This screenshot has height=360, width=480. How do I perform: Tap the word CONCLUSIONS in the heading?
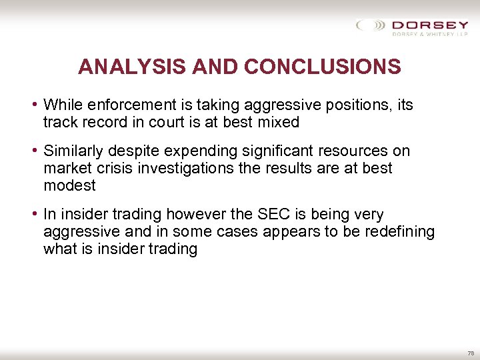(x=323, y=67)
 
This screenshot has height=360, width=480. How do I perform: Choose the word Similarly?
(x=72, y=151)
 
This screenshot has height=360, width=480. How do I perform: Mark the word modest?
(x=69, y=185)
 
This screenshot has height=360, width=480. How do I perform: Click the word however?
(x=193, y=214)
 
